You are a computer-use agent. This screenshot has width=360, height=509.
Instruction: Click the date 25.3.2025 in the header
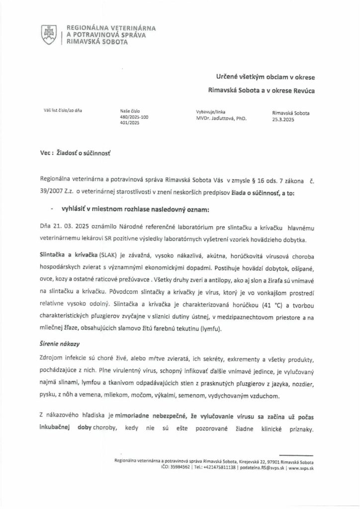(283, 119)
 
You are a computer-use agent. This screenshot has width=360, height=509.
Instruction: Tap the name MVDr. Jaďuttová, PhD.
(222, 119)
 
